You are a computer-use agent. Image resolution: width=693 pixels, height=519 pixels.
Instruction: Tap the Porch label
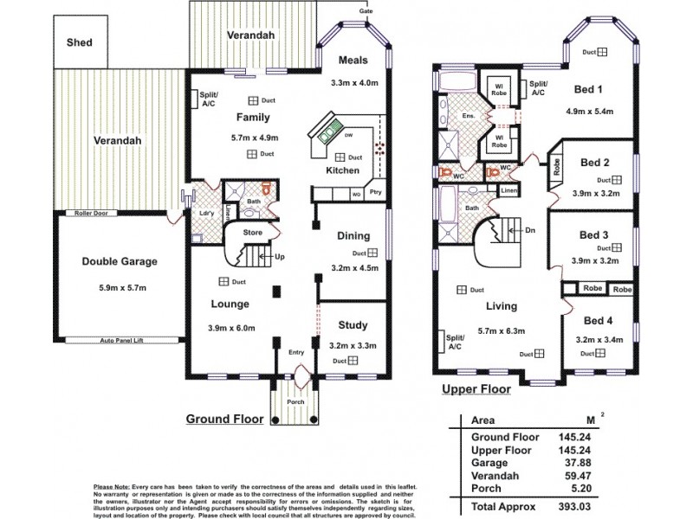296,402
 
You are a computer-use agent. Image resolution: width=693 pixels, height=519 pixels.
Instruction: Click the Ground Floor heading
225,419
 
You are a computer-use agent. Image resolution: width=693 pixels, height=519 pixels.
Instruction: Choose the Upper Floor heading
476,390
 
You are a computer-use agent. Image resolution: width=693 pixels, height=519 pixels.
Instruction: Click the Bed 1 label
589,89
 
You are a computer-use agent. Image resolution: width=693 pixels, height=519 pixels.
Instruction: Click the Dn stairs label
530,230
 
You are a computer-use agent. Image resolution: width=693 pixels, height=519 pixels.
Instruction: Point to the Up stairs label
279,258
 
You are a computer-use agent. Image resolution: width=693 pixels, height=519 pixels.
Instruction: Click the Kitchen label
342,171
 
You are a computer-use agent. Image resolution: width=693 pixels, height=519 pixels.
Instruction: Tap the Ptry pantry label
375,192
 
